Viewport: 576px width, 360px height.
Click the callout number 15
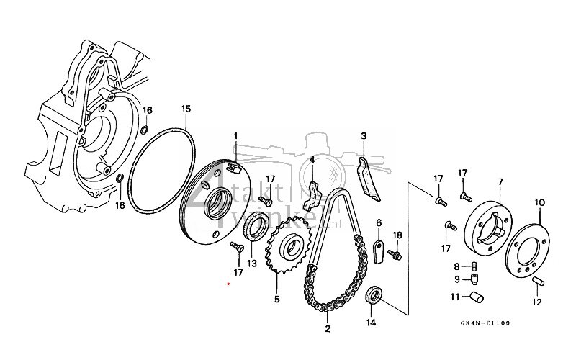[x=185, y=109]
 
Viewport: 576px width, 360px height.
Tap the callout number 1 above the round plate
[x=235, y=137]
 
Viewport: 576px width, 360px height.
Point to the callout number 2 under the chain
[x=327, y=330]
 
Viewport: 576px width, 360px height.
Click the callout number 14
[x=371, y=323]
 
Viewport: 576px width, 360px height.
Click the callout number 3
[x=364, y=135]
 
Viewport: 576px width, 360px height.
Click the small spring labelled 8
[x=476, y=267]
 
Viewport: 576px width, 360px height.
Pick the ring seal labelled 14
[x=374, y=295]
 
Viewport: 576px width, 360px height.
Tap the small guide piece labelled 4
[x=316, y=192]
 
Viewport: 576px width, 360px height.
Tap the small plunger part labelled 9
[x=476, y=279]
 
